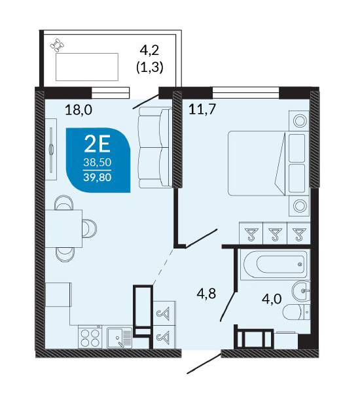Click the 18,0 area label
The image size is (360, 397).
[x=79, y=110]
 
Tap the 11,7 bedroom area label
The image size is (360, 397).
[x=202, y=109]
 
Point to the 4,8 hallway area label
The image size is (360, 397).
[x=206, y=294]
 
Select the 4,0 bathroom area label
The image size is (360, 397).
[x=272, y=299]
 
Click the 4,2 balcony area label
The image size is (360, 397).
[x=149, y=50]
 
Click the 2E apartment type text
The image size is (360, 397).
[x=98, y=144]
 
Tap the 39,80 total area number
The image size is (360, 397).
[x=98, y=177]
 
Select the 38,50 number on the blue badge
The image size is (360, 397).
[x=98, y=162]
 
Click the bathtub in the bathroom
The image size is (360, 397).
[x=275, y=265]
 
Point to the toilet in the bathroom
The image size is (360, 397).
[x=296, y=312]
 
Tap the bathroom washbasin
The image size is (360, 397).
[x=301, y=291]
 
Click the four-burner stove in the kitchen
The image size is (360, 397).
[x=90, y=337]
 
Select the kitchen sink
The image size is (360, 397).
[x=119, y=338]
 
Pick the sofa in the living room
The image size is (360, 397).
[x=155, y=148]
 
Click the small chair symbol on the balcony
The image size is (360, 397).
[x=57, y=46]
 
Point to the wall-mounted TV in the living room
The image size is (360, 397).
[x=51, y=150]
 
